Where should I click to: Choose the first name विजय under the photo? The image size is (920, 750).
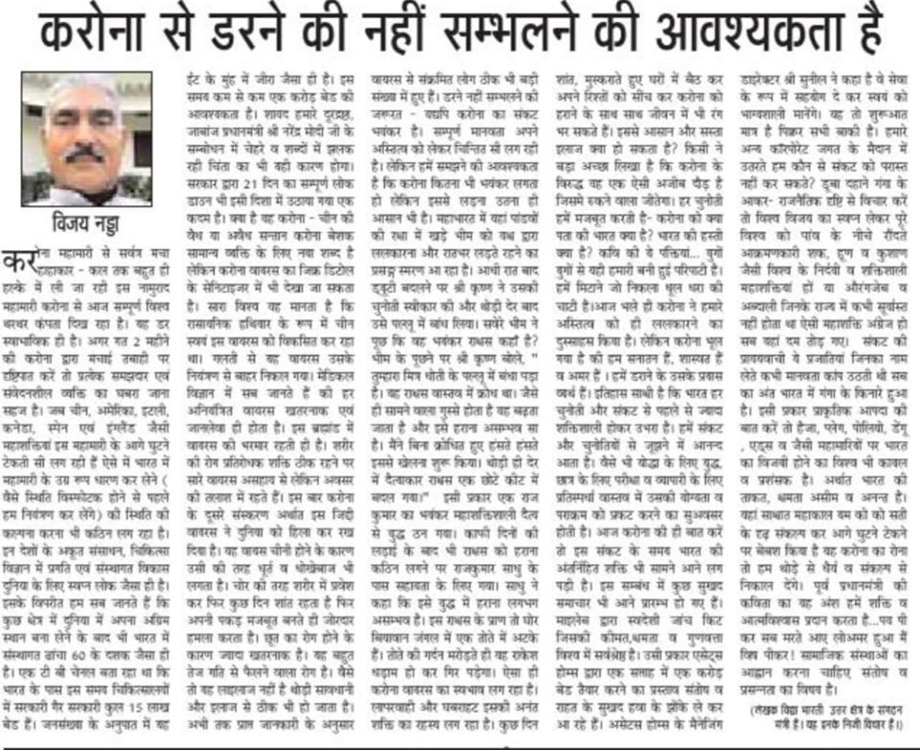point(68,231)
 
